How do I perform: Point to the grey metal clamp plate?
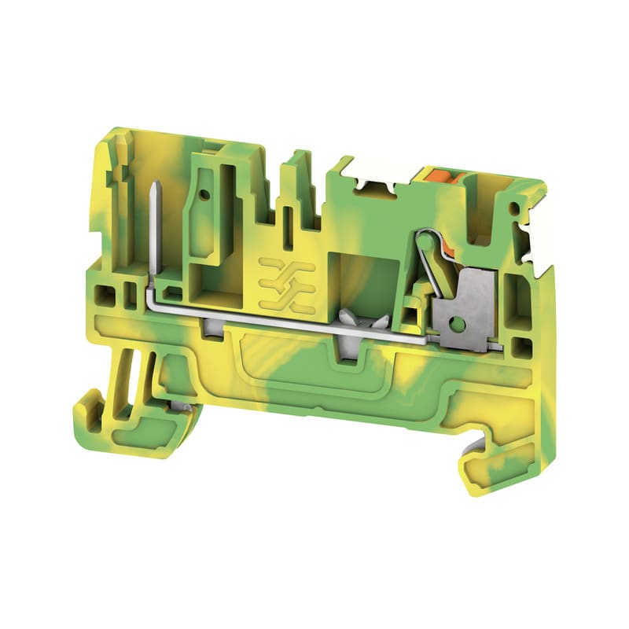pyautogui.click(x=462, y=311)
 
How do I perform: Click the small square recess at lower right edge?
pyautogui.click(x=520, y=346)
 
